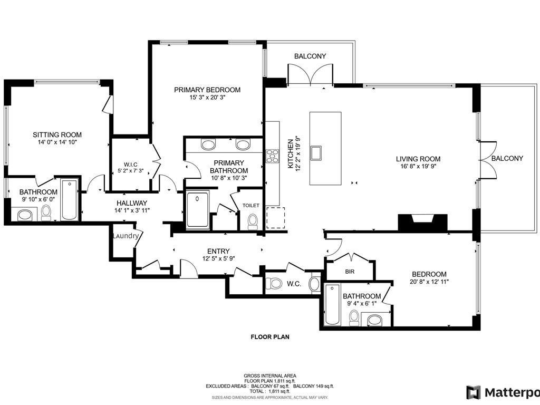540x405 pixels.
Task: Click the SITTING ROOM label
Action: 57,135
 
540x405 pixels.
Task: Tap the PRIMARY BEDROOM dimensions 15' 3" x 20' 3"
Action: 207,98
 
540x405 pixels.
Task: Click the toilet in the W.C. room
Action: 274,283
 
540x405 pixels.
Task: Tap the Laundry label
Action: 126,236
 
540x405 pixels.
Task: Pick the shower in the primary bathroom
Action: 197,209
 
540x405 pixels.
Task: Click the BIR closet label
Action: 349,271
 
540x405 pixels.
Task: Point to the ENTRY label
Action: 218,251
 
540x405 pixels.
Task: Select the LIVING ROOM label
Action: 418,159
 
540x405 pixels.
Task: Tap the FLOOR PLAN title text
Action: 269,336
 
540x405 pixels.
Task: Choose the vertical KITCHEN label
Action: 290,153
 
